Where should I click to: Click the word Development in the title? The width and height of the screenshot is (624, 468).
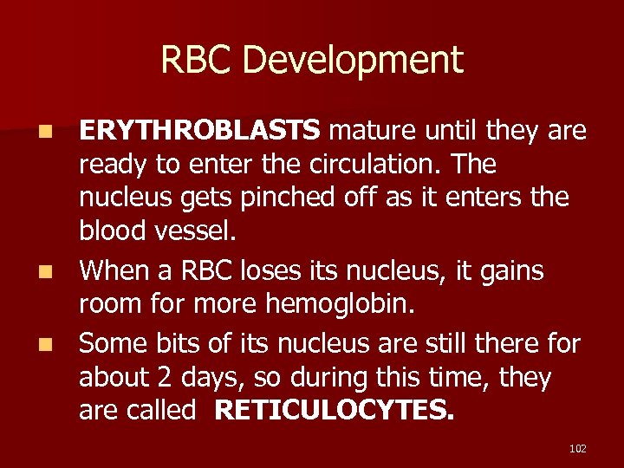coord(353,61)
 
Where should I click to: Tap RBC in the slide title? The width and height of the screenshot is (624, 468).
coord(198,61)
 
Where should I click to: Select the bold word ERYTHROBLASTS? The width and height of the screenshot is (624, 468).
coord(200,131)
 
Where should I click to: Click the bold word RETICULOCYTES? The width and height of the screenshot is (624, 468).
coord(334,410)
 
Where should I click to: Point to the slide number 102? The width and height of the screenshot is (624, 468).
coord(578,448)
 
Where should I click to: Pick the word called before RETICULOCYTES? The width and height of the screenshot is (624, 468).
coord(163,410)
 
